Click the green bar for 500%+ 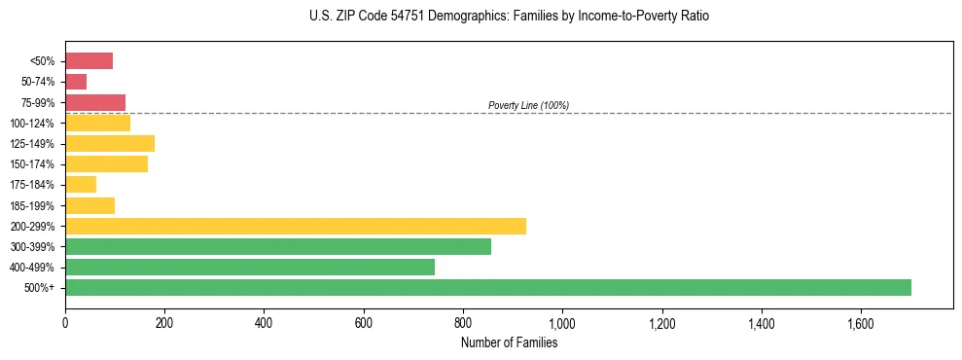(x=487, y=287)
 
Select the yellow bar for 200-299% (x=296, y=226)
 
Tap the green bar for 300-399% (x=278, y=247)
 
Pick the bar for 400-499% (x=250, y=268)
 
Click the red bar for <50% (x=89, y=61)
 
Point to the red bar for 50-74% (x=76, y=82)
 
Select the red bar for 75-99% (x=95, y=102)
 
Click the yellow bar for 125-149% (x=110, y=144)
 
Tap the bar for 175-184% (x=81, y=185)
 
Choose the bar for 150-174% (x=106, y=164)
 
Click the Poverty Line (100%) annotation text (x=528, y=105)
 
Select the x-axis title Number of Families (x=509, y=342)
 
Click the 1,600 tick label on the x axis (x=861, y=322)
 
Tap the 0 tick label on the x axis (x=65, y=322)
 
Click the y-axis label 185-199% (x=32, y=206)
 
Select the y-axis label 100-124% (x=32, y=124)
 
